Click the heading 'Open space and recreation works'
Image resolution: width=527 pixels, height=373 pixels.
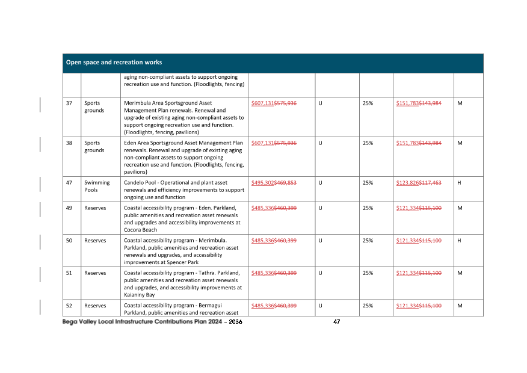(x=114, y=63)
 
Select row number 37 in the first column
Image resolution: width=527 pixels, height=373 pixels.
(x=69, y=103)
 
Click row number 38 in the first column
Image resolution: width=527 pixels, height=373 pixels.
(x=69, y=143)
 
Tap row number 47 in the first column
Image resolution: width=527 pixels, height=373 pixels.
(x=69, y=183)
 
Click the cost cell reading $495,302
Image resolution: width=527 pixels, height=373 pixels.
(x=262, y=183)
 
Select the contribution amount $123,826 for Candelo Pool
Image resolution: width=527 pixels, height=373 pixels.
(x=407, y=183)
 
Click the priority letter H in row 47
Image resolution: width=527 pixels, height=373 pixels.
(x=459, y=183)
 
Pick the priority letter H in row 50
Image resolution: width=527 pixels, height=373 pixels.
(x=459, y=241)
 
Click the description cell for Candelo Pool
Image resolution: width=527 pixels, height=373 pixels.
(x=183, y=190)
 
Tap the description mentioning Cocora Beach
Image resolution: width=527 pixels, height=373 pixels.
(x=183, y=218)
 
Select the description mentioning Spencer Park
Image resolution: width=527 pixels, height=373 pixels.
(x=183, y=251)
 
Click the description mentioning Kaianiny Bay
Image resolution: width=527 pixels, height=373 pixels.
(x=183, y=283)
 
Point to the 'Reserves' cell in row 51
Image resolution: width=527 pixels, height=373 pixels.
(x=95, y=273)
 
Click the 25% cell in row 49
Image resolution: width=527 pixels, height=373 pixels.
(x=368, y=208)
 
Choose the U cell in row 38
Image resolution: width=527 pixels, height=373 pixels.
(x=320, y=143)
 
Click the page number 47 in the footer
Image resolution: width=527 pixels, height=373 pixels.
(x=336, y=322)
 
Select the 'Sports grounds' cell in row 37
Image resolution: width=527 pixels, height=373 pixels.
(x=94, y=107)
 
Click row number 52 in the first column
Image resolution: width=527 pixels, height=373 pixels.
(x=69, y=306)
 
